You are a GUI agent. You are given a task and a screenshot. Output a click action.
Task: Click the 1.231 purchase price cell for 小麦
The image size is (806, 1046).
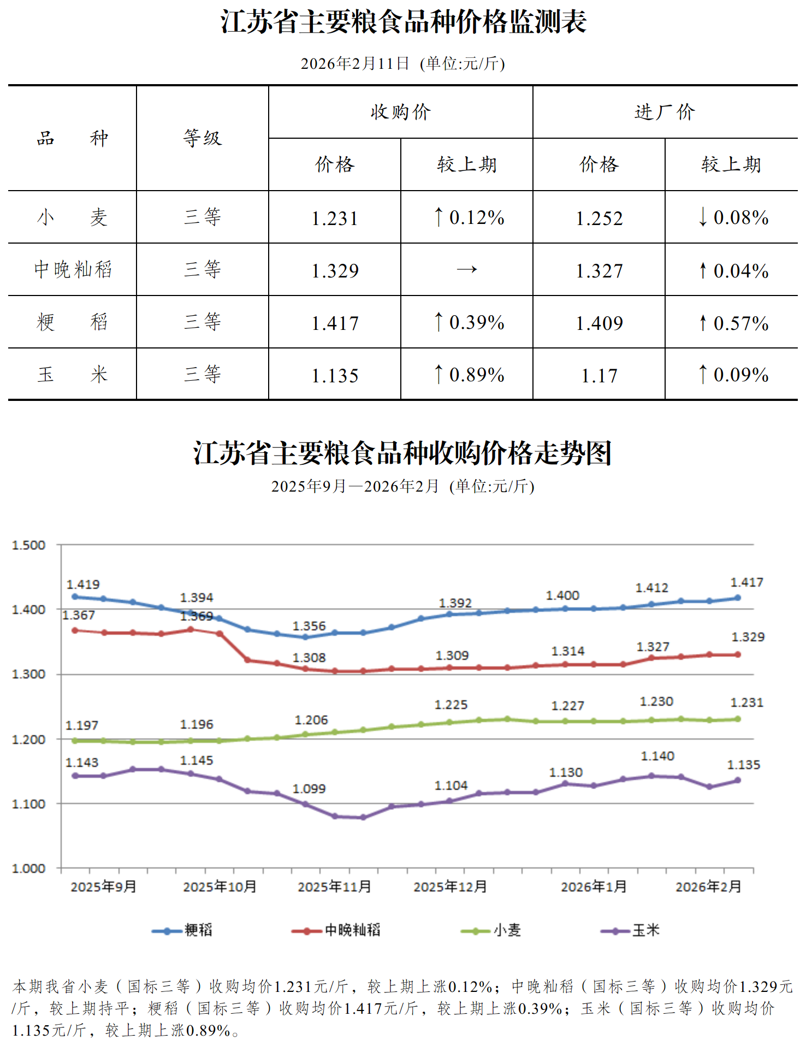(335, 218)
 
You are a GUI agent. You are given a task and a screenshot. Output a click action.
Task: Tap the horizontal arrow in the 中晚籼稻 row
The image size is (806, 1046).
(467, 269)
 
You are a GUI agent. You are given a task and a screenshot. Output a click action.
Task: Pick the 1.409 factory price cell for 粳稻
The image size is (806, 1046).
(599, 323)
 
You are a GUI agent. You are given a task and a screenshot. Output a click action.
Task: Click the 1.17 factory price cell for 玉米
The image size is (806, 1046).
(599, 375)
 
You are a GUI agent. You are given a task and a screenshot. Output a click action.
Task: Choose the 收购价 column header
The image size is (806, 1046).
(401, 112)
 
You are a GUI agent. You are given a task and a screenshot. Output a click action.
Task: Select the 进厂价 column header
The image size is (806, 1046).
(665, 112)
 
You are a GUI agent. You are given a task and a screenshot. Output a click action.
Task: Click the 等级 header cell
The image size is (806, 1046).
(203, 138)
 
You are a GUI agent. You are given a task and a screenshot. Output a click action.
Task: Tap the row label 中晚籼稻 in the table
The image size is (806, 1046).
(73, 269)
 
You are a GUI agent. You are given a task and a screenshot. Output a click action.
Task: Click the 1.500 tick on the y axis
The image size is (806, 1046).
(28, 545)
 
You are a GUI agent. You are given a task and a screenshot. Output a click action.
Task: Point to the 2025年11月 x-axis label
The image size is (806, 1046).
(334, 887)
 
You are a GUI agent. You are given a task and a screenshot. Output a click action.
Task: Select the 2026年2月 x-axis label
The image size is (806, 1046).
(708, 887)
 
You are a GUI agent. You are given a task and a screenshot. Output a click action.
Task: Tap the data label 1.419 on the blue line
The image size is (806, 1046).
(83, 584)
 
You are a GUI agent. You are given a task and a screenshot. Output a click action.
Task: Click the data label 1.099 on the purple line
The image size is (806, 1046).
(309, 789)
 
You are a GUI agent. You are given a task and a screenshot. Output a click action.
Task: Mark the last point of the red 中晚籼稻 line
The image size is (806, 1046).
(738, 654)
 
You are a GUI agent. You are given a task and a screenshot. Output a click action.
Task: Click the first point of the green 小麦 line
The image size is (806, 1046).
(75, 741)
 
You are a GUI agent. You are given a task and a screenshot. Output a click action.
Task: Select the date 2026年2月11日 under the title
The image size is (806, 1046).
(355, 64)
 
